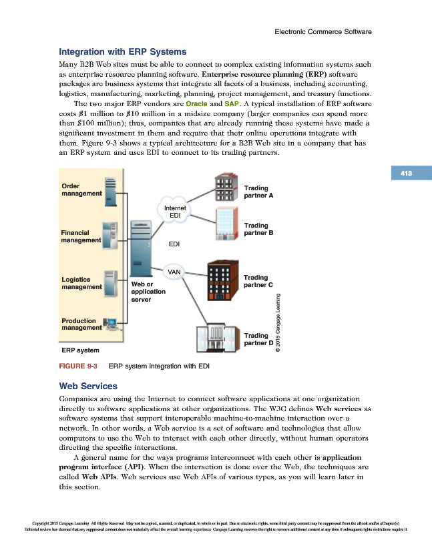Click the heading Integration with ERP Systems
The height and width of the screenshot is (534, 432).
pyautogui.click(x=123, y=51)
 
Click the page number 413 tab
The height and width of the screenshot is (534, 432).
pyautogui.click(x=406, y=174)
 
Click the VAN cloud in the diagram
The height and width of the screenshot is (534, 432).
pyautogui.click(x=174, y=272)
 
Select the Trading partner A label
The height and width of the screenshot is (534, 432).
pyautogui.click(x=259, y=192)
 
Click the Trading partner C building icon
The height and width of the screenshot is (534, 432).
pyautogui.click(x=222, y=281)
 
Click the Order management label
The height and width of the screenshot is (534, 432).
pyautogui.click(x=81, y=190)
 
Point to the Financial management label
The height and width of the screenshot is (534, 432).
pyautogui.click(x=81, y=236)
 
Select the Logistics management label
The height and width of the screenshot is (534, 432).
pyautogui.click(x=81, y=283)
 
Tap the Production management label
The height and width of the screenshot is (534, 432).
pyautogui.click(x=81, y=324)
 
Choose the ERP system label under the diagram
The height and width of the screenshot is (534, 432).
pyautogui.click(x=81, y=350)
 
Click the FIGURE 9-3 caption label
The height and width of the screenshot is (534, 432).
pyautogui.click(x=79, y=366)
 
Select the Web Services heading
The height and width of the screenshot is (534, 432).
pyautogui.click(x=88, y=386)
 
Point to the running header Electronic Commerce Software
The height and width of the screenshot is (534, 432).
pyautogui.click(x=323, y=31)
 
